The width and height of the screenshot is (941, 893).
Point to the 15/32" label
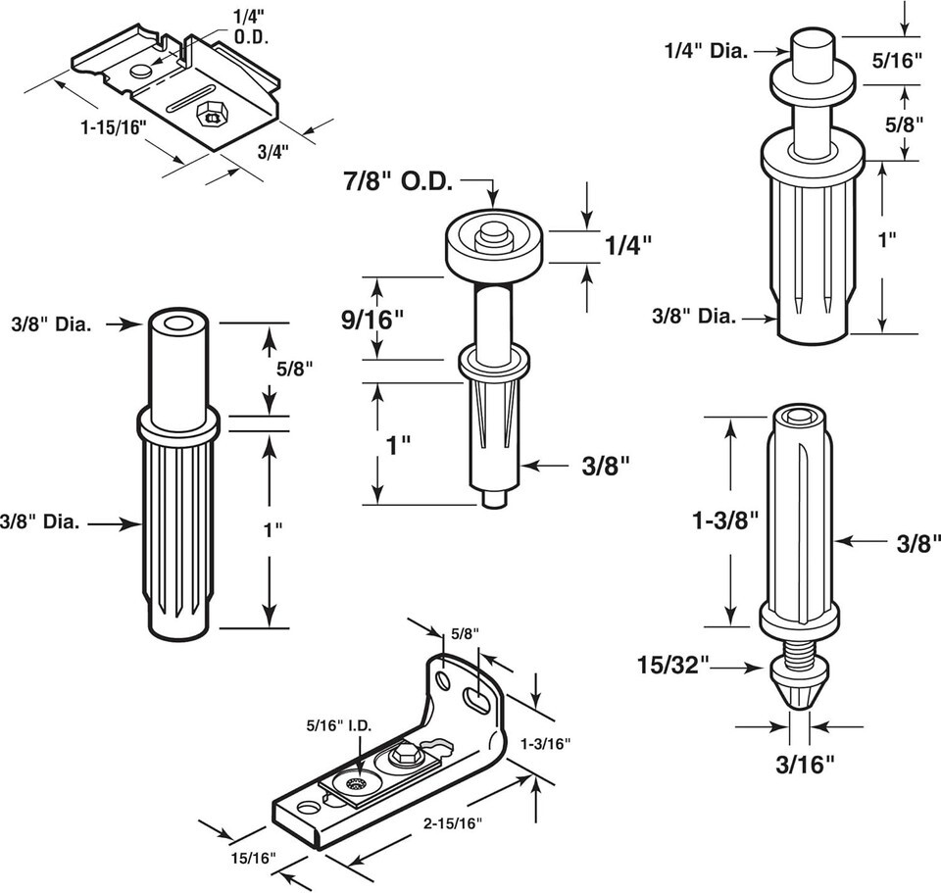point(673,667)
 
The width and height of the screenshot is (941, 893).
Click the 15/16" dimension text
point(253,858)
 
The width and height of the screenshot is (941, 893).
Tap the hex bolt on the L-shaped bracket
point(403,757)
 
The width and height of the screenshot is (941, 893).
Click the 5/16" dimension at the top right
point(898,61)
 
